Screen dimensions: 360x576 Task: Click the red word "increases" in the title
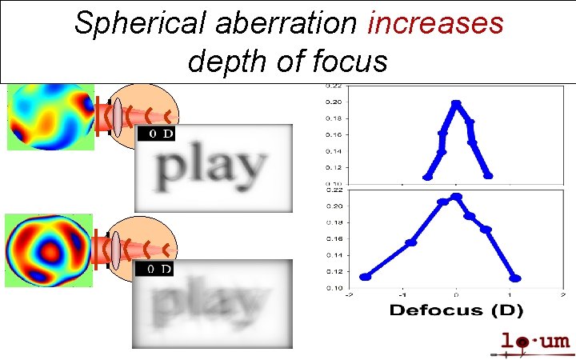(x=435, y=24)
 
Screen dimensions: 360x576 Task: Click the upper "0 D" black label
(x=156, y=134)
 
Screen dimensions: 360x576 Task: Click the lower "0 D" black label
(x=156, y=270)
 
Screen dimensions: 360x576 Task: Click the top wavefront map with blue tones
(x=50, y=116)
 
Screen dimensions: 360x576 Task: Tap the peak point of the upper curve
(x=456, y=103)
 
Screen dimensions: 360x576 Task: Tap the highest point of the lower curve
(x=457, y=196)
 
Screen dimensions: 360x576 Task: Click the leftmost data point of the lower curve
(x=366, y=277)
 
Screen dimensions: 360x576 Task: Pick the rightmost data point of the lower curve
(x=516, y=278)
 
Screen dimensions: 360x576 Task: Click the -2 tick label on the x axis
(x=348, y=294)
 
